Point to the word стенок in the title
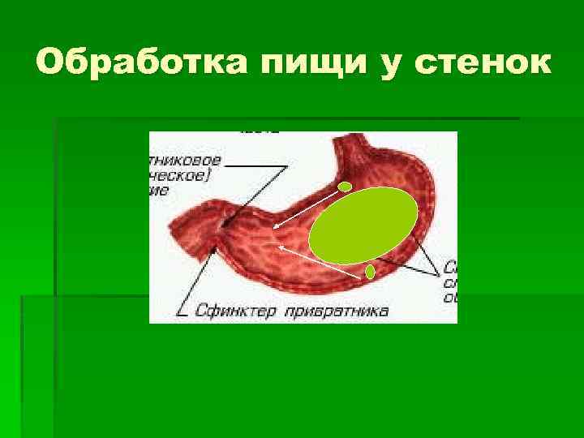pyautogui.click(x=483, y=62)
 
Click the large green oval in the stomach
pyautogui.click(x=363, y=225)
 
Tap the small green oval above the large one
pyautogui.click(x=345, y=187)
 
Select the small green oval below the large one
pyautogui.click(x=370, y=271)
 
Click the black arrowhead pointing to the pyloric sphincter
pyautogui.click(x=215, y=249)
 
